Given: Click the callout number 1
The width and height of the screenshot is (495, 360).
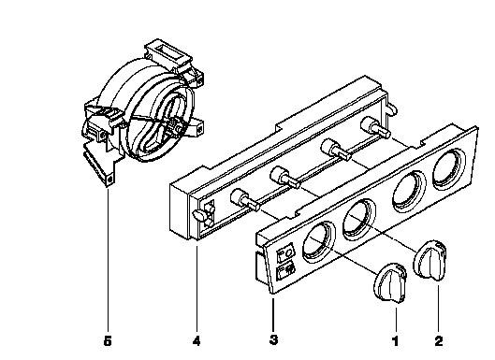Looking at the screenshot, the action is coord(396,341).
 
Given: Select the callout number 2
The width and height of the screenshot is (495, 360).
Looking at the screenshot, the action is coord(439,341).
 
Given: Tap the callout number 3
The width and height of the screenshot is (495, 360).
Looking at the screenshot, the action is coord(274,339).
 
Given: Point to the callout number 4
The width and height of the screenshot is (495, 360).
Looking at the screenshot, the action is coord(197,340).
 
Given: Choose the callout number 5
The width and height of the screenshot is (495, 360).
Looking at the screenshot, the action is coord(108,341).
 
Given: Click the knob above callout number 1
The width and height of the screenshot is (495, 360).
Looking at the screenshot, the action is coord(390,282).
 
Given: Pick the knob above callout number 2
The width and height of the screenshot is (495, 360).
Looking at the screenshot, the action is coord(430,260).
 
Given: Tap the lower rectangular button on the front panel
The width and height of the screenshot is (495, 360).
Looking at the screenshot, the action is coord(286,272).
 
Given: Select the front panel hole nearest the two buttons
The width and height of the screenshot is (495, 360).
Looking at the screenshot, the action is coord(319,242).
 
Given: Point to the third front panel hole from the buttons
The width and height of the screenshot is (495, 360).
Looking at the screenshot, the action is coord(409,192).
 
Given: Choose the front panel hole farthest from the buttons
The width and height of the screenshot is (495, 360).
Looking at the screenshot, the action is coord(449,169).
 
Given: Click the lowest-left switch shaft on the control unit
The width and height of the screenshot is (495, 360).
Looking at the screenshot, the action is coord(245,200).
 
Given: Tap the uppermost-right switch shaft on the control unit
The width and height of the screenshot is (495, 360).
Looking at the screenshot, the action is coord(376,127).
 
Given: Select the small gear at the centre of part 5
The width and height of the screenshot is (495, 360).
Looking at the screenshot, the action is coord(176,128).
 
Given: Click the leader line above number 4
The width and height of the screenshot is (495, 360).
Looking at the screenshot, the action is coord(197,288).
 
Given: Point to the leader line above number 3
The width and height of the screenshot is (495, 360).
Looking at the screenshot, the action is coord(273,314).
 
